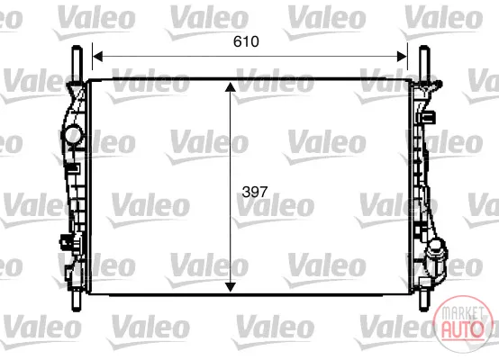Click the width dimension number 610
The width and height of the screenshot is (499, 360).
tap(246, 41)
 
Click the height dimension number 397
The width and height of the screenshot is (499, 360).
tap(255, 192)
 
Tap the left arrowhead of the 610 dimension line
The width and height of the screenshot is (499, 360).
tap(97, 57)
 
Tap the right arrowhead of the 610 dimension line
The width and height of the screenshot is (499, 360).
tap(402, 57)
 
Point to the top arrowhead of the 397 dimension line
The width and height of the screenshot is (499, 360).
tap(230, 87)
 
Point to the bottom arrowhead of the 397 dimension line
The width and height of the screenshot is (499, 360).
tap(230, 287)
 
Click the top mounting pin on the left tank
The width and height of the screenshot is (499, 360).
tap(77, 64)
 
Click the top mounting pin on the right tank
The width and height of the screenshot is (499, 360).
tap(424, 64)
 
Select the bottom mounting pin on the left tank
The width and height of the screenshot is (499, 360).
tap(77, 301)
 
